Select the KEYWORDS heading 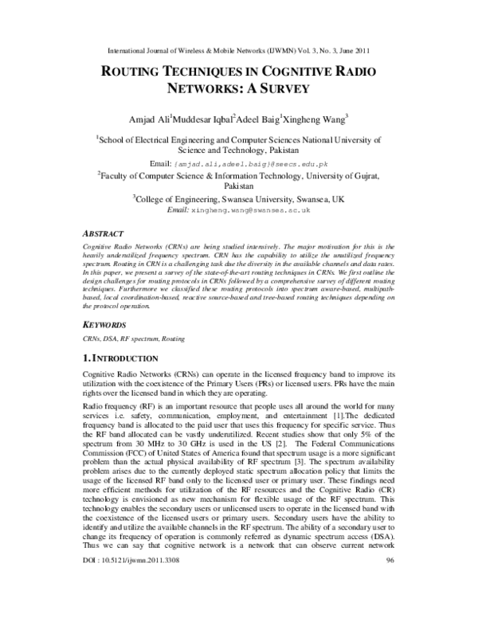coord(107,325)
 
